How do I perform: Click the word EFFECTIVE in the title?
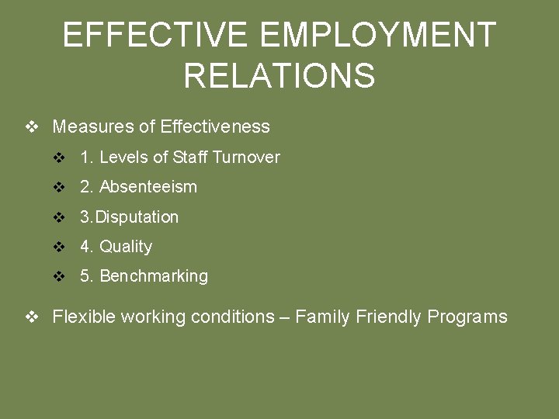[155, 36]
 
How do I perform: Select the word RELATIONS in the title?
[279, 76]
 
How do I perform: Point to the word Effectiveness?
[215, 126]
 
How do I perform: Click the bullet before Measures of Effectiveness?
[32, 126]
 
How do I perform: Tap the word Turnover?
[245, 158]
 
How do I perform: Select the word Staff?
[189, 158]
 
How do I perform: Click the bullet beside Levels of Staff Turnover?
[60, 158]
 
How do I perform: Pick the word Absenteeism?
[148, 187]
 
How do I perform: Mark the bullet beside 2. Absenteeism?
[60, 187]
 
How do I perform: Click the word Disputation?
[137, 217]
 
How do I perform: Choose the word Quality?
[126, 247]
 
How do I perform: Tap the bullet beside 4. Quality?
[60, 247]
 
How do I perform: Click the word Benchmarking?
[154, 276]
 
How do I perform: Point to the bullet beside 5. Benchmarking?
[60, 276]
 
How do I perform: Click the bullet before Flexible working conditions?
[32, 317]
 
